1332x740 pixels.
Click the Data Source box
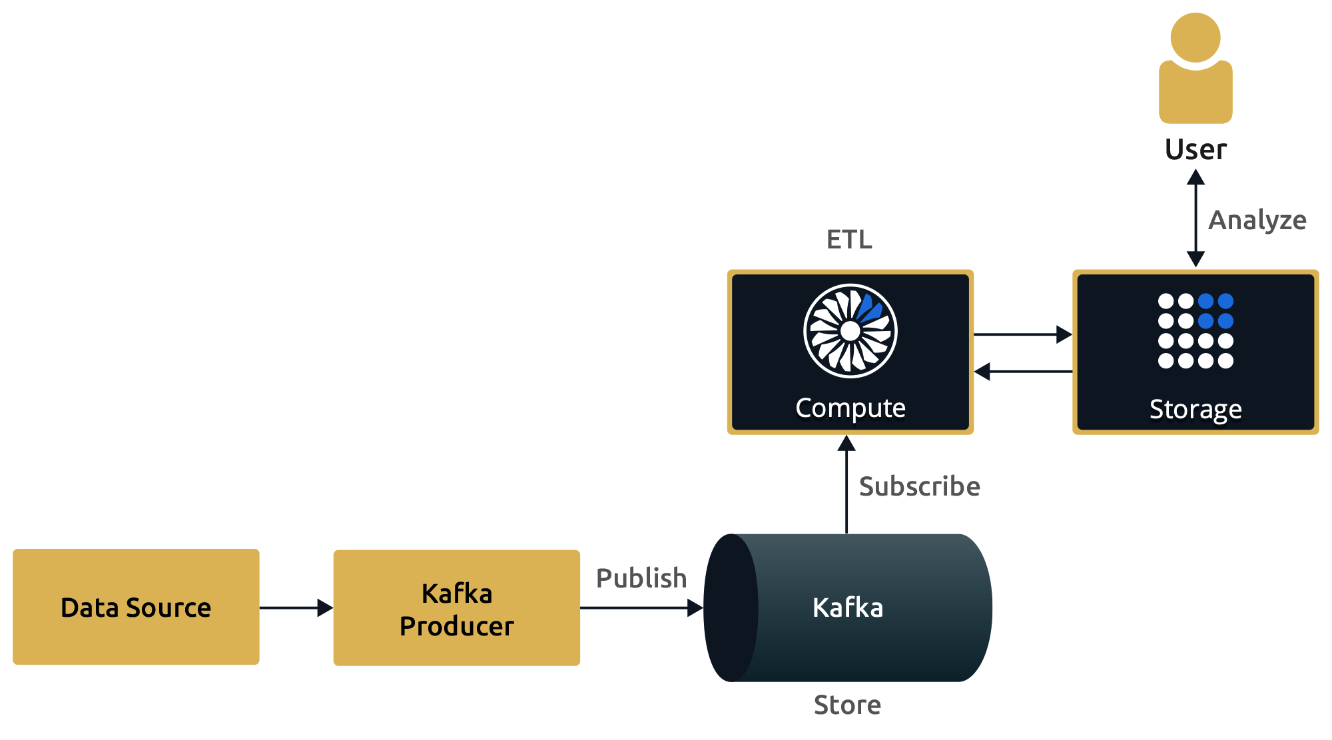point(136,607)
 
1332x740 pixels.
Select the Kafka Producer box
point(456,608)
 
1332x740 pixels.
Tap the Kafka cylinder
point(859,607)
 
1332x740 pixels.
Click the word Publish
point(641,578)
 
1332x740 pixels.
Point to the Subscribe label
point(919,486)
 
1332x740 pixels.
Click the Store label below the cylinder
point(847,705)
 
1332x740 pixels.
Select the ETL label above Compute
point(849,239)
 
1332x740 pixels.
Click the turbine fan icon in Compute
point(850,331)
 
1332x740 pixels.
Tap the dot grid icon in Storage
point(1195,331)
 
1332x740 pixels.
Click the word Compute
point(850,408)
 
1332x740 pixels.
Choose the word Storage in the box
point(1195,409)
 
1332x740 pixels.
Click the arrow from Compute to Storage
point(1022,334)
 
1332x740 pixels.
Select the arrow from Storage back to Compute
point(1022,372)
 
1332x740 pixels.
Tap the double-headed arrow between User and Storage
point(1195,218)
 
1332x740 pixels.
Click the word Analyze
point(1257,220)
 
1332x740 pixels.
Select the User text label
point(1195,149)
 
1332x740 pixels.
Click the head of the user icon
point(1195,37)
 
